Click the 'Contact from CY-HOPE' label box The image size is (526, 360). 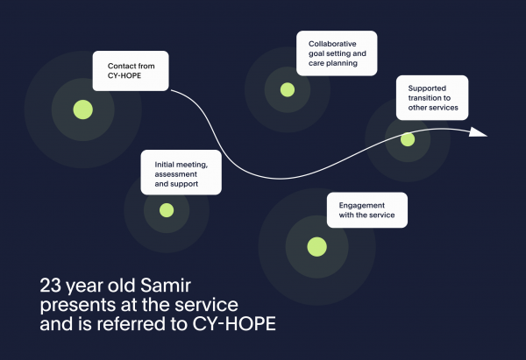point(131,71)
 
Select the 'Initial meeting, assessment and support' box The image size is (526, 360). point(181,173)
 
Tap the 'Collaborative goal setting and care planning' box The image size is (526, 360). point(337,53)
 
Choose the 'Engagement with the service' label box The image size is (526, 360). point(367,210)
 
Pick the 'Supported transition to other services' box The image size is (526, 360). point(432,97)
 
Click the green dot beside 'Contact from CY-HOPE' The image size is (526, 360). point(83,109)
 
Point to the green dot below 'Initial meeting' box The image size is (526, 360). point(167,210)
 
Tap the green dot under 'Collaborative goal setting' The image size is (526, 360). point(288,90)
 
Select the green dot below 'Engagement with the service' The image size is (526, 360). point(317,247)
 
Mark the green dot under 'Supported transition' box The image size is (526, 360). point(408,139)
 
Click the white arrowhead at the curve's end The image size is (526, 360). point(478,132)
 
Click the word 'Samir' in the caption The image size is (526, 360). point(166,286)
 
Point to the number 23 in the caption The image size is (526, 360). point(50,286)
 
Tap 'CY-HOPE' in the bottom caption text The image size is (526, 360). point(234,324)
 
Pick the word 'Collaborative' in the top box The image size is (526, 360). point(332,44)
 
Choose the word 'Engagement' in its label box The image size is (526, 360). point(361,206)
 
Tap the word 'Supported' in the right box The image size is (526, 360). point(427,88)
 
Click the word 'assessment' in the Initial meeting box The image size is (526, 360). point(176,174)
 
